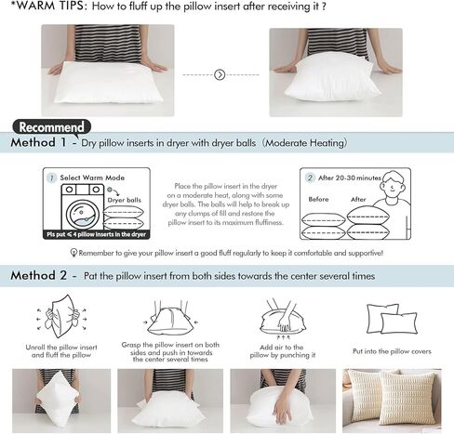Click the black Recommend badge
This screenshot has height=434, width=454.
pyautogui.click(x=52, y=126)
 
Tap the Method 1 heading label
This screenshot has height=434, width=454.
pyautogui.click(x=38, y=144)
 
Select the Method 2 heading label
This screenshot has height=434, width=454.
pyautogui.click(x=38, y=276)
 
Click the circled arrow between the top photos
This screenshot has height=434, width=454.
pyautogui.click(x=220, y=73)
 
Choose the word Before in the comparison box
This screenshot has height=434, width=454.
pyautogui.click(x=318, y=199)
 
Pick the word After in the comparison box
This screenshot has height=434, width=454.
pyautogui.click(x=358, y=199)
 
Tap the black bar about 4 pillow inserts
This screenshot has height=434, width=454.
pyautogui.click(x=97, y=234)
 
